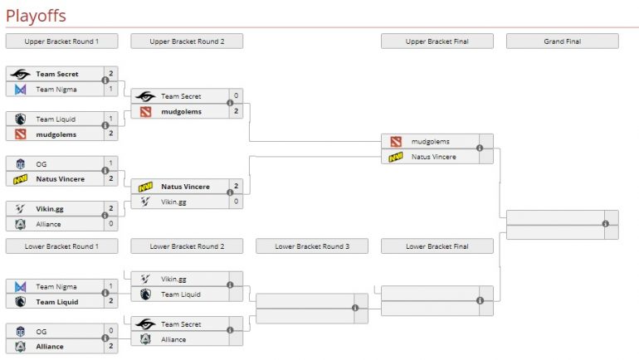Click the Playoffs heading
click(36, 16)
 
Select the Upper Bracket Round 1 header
click(61, 41)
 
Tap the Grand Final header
click(562, 41)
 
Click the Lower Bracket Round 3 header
click(312, 246)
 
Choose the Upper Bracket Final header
click(437, 41)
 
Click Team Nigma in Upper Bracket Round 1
click(56, 89)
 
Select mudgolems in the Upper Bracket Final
click(430, 142)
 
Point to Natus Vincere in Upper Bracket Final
click(435, 156)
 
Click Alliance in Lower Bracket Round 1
click(51, 347)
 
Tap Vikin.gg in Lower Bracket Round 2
click(173, 280)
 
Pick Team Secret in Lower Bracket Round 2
click(181, 324)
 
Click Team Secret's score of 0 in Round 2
click(237, 96)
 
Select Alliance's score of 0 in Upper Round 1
click(111, 224)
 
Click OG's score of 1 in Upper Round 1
click(111, 163)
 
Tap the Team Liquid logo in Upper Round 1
click(21, 119)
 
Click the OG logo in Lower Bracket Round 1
click(21, 332)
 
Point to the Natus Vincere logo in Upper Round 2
click(146, 187)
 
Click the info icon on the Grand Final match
click(606, 224)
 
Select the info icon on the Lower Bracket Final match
click(480, 300)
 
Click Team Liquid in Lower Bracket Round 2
click(180, 294)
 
